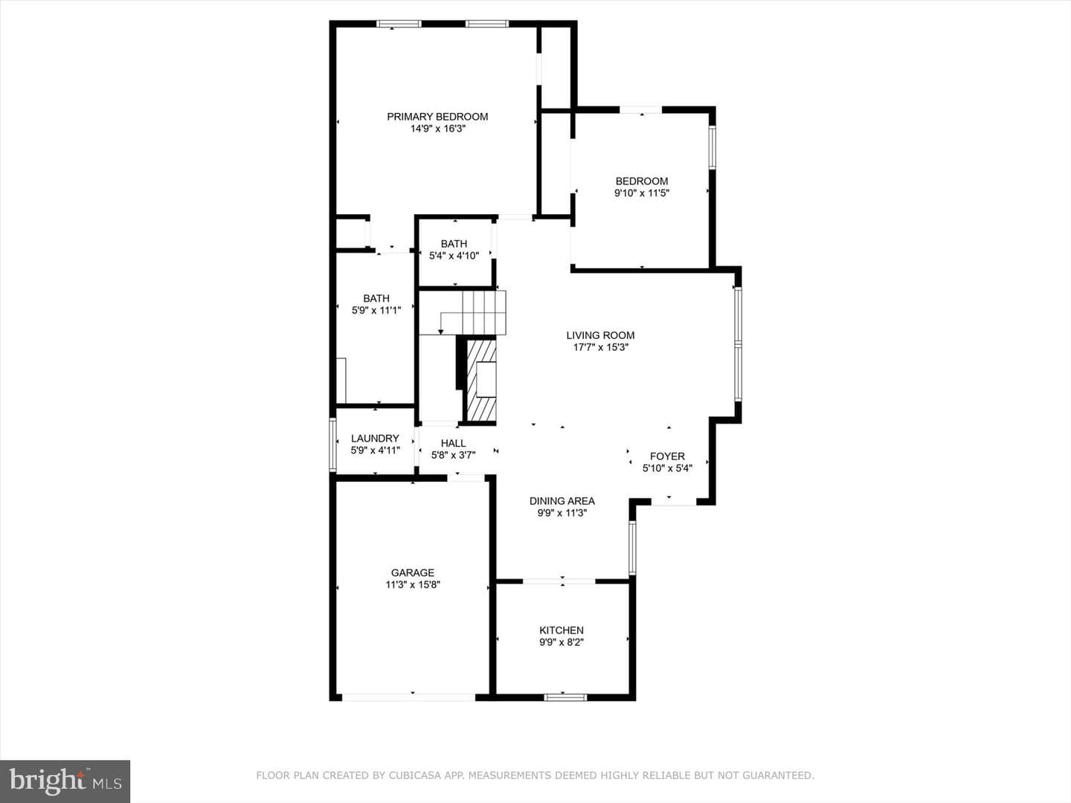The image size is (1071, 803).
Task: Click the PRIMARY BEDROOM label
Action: point(437,117)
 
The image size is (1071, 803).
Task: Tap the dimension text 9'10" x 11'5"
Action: point(642,193)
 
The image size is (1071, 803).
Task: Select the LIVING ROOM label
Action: point(600,335)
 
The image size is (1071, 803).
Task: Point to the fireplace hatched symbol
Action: point(482,380)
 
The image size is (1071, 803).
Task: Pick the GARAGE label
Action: point(412,573)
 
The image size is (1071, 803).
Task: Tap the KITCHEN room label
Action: point(561,630)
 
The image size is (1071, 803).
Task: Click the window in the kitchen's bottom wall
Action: point(565,697)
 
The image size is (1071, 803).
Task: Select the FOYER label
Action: point(667,456)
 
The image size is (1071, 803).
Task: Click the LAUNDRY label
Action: point(375,439)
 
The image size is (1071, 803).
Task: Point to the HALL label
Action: point(453,443)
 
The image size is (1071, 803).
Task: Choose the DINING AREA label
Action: point(562,500)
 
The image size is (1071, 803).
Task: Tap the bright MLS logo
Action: point(65,781)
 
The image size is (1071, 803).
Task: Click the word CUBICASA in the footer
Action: point(411,775)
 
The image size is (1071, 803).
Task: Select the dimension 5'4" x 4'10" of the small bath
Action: point(454,256)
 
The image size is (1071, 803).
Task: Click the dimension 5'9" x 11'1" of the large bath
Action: point(376,310)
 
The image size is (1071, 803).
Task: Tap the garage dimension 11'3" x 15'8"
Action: point(413,584)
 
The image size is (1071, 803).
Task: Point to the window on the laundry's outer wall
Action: point(333,445)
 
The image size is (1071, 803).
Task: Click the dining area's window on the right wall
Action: point(632,548)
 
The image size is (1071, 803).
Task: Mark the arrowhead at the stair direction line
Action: point(440,332)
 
